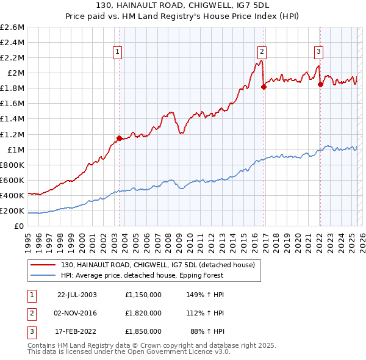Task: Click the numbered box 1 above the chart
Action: tap(117, 52)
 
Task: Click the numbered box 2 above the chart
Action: tap(262, 52)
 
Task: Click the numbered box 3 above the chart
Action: tap(319, 52)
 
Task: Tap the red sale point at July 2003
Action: tap(120, 138)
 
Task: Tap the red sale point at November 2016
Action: tap(264, 87)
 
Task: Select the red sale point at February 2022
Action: tap(320, 84)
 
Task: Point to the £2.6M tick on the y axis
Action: tap(13, 27)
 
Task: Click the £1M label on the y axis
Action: tap(16, 149)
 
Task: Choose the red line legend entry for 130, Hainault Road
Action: tap(161, 265)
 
